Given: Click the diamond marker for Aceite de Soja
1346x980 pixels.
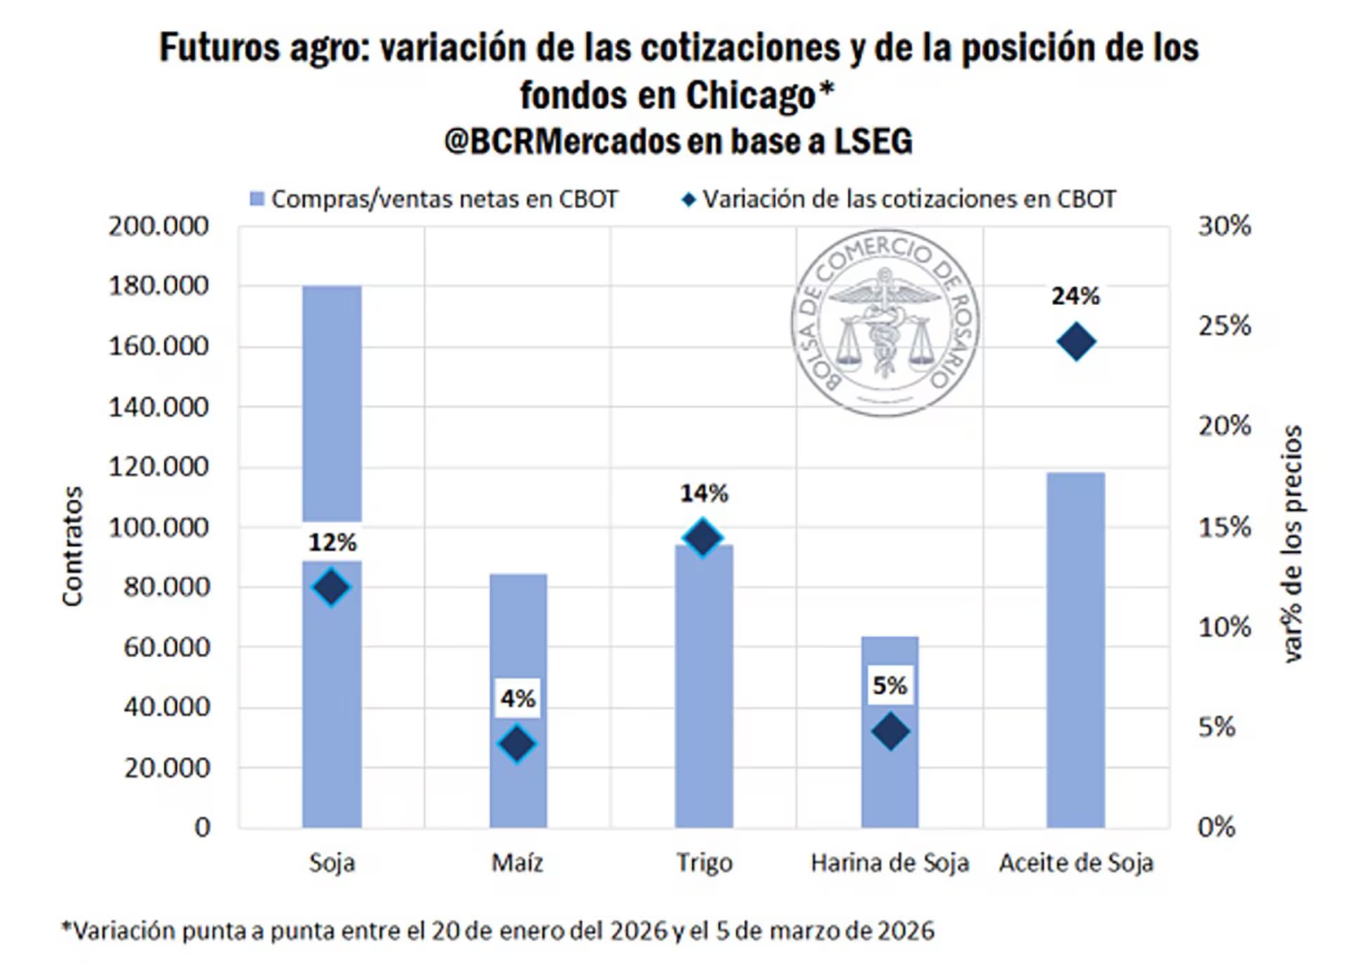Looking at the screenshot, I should click(1076, 342).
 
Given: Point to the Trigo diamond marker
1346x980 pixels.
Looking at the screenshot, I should click(703, 538).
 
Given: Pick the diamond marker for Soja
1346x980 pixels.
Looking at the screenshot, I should click(332, 587).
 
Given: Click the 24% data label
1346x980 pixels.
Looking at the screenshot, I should click(1075, 297).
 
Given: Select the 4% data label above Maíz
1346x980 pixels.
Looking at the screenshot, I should click(517, 699).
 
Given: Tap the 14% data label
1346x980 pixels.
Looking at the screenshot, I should click(704, 494).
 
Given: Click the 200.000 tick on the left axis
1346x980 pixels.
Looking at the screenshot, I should click(158, 227).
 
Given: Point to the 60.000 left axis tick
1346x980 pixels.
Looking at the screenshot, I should click(167, 647).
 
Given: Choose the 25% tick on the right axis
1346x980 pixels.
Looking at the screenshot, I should click(1224, 326).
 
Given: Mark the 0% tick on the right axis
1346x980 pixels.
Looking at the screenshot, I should click(1216, 827).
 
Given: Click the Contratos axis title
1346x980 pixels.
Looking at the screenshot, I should click(73, 546).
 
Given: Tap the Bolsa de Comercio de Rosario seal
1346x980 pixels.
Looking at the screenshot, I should click(885, 323).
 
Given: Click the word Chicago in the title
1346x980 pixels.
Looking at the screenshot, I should click(751, 95).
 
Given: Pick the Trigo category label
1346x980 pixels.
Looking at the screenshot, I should click(704, 862).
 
